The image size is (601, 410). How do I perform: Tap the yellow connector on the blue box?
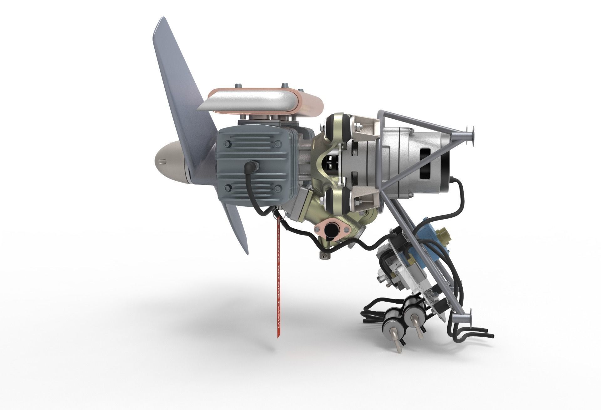445,233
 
